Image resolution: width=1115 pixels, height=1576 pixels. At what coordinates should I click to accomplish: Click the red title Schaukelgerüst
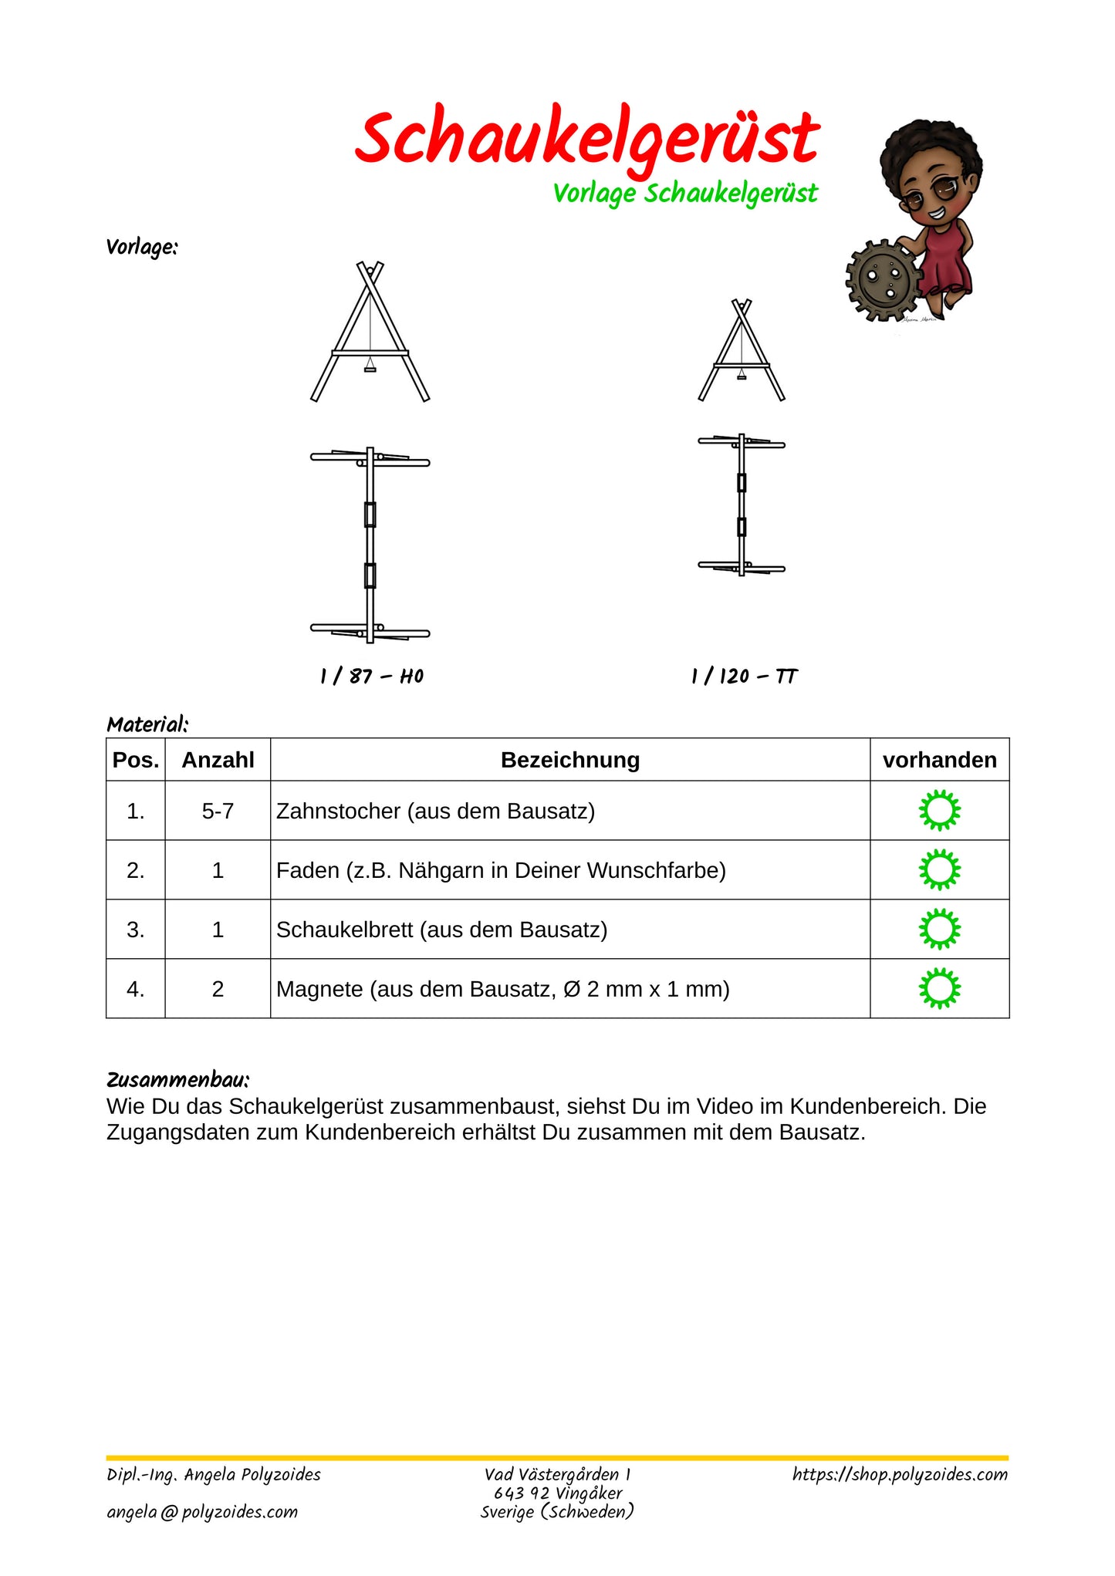586,139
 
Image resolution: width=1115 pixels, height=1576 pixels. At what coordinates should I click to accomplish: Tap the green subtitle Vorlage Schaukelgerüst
684,194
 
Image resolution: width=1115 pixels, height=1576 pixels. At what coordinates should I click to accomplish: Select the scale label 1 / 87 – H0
372,677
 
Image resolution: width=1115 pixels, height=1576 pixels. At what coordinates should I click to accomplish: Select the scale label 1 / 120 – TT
744,677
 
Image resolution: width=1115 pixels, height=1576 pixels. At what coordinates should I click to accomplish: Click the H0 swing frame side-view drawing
370,332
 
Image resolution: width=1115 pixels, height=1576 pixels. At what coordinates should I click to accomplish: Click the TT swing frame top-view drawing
742,505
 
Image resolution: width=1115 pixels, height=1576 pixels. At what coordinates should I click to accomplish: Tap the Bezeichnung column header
570,760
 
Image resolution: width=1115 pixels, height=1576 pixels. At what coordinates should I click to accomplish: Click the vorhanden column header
939,760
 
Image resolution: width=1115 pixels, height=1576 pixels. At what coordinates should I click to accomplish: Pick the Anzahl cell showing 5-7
218,811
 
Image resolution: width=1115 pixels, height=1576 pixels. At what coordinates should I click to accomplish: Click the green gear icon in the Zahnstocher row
939,810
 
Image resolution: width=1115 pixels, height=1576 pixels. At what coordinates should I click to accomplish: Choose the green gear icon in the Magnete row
939,988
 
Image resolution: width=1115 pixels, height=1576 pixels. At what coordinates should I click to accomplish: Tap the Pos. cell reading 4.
136,989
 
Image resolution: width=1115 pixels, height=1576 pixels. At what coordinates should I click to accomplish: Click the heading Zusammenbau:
177,1079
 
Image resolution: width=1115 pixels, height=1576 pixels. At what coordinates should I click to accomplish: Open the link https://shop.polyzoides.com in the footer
900,1474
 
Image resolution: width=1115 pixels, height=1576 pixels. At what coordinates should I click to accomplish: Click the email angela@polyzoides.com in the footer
202,1512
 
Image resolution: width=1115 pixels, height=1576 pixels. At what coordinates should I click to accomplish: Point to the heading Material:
147,724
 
